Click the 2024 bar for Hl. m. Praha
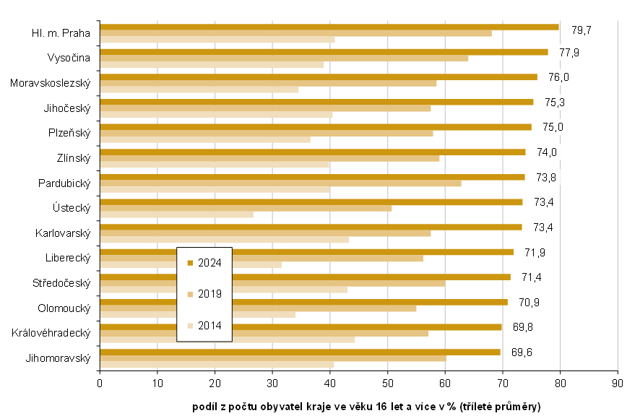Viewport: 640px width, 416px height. tap(329, 27)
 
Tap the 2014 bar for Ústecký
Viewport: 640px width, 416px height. tap(176, 214)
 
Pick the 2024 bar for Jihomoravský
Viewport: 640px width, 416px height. tap(300, 352)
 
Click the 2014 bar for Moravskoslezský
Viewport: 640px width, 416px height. tap(199, 90)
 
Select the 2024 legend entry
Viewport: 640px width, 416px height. tap(204, 263)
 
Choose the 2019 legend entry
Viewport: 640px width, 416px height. tap(204, 294)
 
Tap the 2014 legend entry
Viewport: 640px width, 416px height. tap(204, 326)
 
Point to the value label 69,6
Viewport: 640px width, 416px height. tap(522, 352)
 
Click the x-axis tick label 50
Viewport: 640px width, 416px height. tap(387, 382)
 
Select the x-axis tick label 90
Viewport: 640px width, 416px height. tap(617, 382)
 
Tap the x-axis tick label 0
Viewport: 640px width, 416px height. tap(100, 382)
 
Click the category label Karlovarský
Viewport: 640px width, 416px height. tap(62, 233)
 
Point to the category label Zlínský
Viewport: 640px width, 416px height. tap(72, 158)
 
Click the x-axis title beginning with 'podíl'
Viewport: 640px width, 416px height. tap(366, 405)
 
